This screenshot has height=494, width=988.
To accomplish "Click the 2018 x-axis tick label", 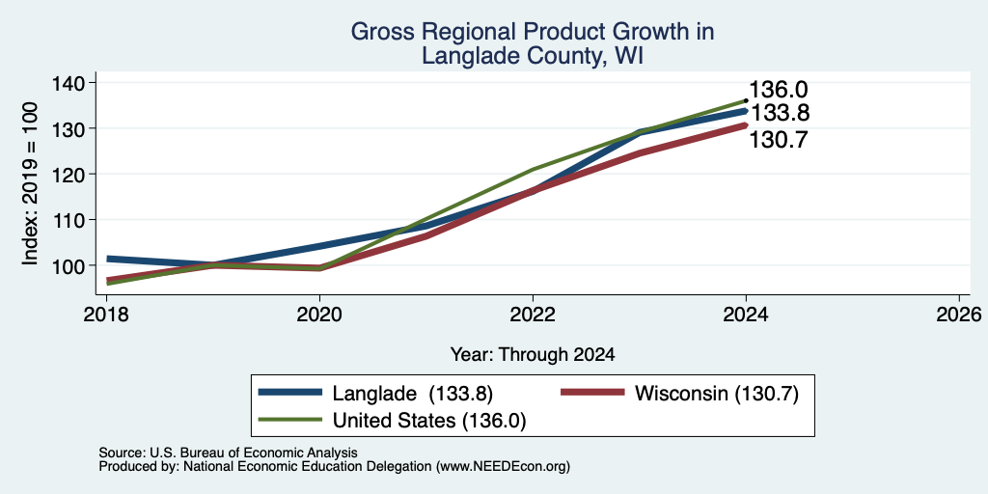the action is tap(106, 314).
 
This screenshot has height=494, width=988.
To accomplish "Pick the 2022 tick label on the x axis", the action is tap(533, 314).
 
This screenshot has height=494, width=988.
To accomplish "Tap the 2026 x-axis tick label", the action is tap(959, 314).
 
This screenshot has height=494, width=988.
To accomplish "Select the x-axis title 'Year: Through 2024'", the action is tap(533, 355).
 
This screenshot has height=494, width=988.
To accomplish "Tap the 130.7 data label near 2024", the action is tap(779, 139).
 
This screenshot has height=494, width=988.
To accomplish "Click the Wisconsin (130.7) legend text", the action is tap(717, 394).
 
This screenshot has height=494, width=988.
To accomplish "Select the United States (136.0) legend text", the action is tap(429, 421).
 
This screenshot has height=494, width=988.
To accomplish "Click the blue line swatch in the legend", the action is tap(290, 393).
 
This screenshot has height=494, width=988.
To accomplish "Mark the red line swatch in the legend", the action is tap(593, 393).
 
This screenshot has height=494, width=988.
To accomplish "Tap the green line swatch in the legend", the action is tap(290, 419).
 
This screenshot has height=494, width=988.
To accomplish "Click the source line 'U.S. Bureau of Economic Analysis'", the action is tap(254, 453).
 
